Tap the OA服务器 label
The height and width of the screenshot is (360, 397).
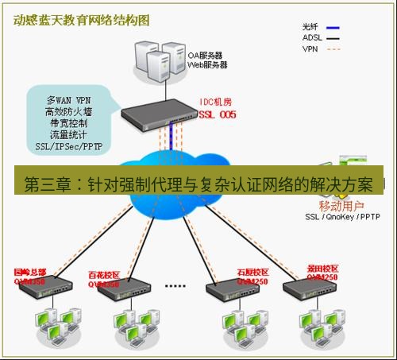[205, 56]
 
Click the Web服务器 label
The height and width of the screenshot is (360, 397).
[207, 65]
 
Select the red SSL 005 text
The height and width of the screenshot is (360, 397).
[216, 114]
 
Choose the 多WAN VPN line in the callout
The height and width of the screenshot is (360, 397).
[68, 101]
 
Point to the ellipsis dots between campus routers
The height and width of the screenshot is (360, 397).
[175, 284]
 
